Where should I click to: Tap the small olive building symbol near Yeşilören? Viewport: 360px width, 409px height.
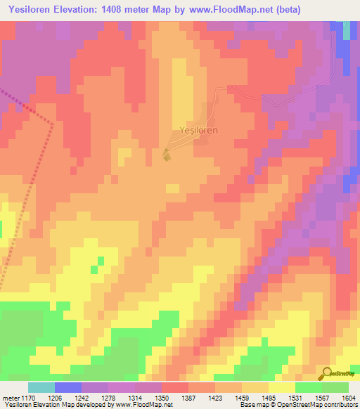tap(166, 155)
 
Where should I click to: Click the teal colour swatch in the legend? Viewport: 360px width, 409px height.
tap(41, 387)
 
